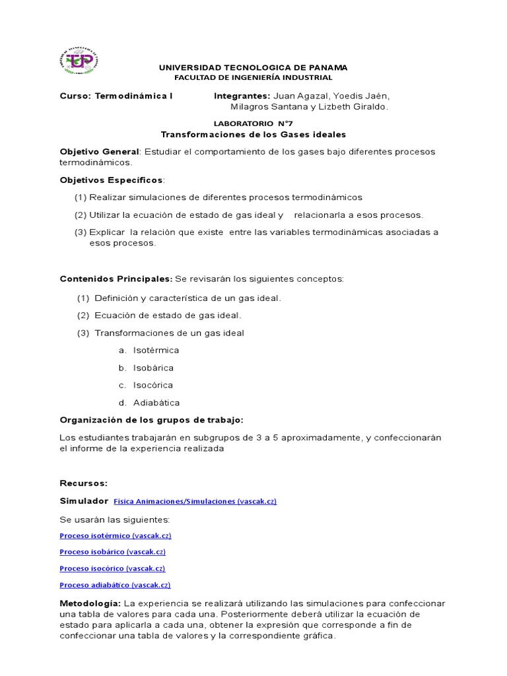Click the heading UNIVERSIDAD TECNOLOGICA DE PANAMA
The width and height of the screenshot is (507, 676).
253,67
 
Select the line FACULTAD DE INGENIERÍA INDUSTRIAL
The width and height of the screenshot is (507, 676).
253,77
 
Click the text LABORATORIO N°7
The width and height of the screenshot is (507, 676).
253,123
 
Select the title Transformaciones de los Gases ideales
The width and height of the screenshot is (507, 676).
253,135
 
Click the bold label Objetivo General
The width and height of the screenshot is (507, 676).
100,152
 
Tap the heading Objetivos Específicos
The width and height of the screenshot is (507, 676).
111,180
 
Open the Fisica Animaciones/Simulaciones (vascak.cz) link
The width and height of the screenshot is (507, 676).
195,502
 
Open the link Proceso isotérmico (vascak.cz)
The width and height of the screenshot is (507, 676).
116,535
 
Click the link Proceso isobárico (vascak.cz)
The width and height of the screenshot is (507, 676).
112,552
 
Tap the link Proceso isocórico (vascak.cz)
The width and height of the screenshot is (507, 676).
112,568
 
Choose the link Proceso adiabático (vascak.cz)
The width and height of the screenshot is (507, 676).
115,585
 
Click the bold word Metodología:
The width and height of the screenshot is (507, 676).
90,603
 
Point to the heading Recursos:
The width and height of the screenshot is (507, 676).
83,483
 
